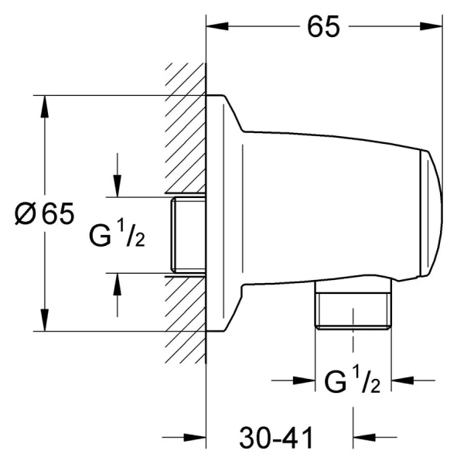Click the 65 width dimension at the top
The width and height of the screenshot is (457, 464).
323,26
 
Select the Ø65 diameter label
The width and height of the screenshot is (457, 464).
44,213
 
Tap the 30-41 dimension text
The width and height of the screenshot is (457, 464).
276,438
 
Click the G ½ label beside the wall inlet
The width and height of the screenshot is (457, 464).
118,233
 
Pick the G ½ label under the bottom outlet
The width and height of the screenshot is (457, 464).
352,379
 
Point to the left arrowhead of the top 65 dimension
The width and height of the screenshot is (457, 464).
217,26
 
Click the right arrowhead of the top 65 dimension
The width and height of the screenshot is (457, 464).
431,26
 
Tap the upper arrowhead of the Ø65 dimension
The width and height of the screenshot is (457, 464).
45,107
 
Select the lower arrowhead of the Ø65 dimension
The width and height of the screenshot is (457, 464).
45,320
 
